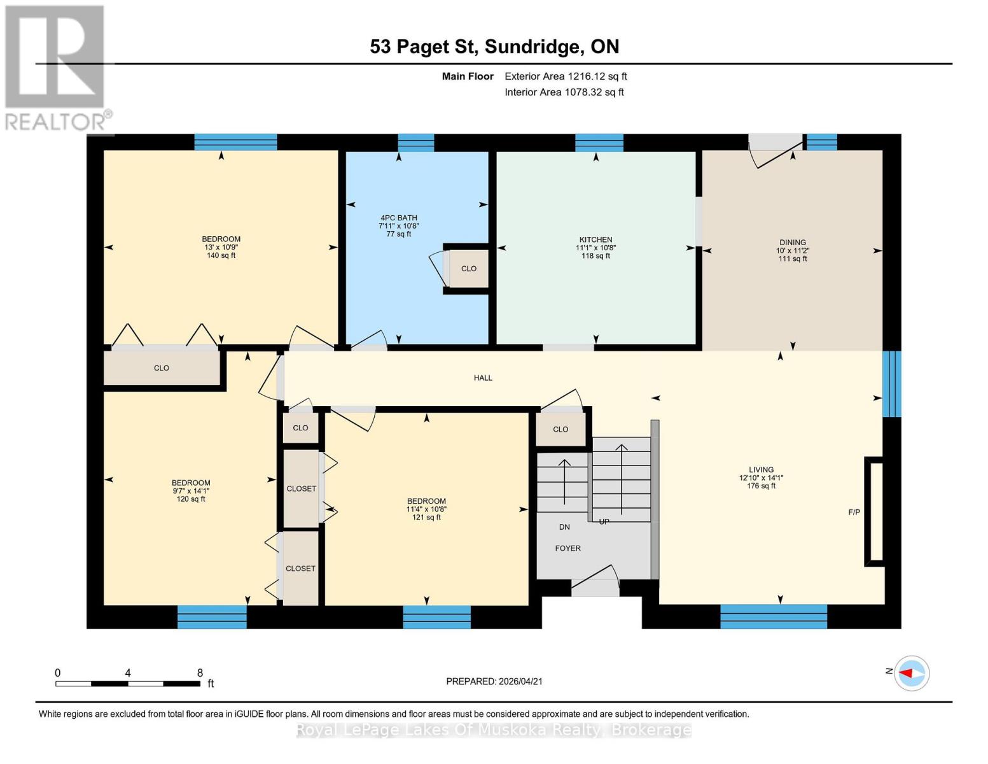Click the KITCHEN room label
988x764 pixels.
pos(595,240)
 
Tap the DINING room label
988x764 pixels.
pos(792,243)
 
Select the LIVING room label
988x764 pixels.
pos(761,470)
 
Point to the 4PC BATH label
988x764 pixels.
pos(398,218)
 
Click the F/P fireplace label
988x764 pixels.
pos(854,513)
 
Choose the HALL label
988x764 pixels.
pos(483,378)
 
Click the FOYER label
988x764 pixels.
pos(567,548)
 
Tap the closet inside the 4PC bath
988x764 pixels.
pos(469,269)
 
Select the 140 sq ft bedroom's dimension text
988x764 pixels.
pos(221,248)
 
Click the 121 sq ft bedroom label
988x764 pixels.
pos(426,502)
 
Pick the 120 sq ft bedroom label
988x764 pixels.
pos(191,483)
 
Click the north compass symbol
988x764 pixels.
pos(912,673)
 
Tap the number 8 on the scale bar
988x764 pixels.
pos(200,673)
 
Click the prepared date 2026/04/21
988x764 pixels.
pos(494,681)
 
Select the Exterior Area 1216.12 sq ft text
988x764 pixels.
pos(566,76)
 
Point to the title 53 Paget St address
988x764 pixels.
pos(494,46)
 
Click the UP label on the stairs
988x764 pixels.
pos(604,521)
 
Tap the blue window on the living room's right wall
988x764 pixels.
pos(891,384)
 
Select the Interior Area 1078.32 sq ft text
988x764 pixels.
pos(564,92)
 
